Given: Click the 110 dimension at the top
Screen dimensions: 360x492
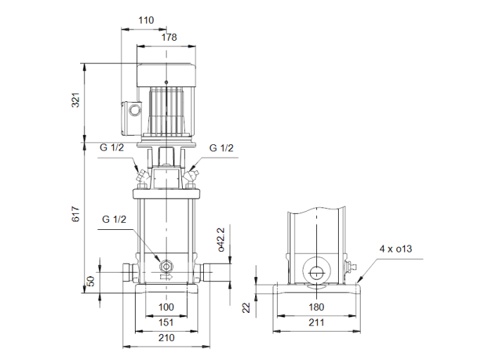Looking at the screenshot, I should tap(145, 20).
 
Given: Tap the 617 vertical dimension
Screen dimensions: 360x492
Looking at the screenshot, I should tap(76, 214).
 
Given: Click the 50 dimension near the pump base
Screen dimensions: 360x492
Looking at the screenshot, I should tap(90, 281).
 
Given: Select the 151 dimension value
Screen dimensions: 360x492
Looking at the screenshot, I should tap(165, 323).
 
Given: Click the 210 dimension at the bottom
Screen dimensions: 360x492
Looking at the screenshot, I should tap(166, 337).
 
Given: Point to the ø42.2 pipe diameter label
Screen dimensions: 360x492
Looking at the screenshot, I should tap(221, 239).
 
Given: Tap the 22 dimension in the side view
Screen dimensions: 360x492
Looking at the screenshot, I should tap(245, 307).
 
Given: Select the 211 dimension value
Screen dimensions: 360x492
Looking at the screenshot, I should tap(318, 323).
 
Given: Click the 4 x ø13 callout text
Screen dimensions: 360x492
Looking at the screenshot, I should tap(396, 249).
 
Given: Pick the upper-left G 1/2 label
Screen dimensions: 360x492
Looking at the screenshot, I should tap(112, 148).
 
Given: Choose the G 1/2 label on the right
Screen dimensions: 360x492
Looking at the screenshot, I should tap(221, 148).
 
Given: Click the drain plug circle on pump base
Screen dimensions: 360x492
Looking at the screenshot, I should tap(167, 266).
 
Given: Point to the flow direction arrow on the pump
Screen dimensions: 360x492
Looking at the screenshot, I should tap(166, 277).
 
